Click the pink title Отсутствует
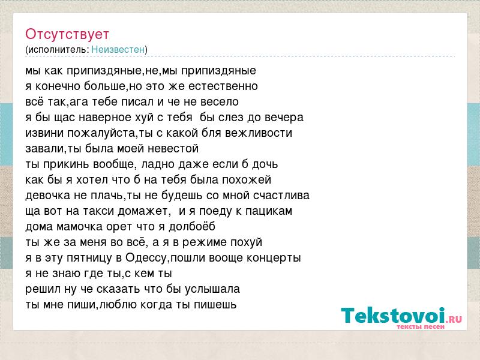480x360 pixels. [67, 34]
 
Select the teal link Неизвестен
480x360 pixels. [118, 49]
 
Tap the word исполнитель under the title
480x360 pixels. [58, 50]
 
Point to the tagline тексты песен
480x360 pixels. [421, 326]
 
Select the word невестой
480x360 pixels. [173, 149]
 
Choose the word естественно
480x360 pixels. [223, 86]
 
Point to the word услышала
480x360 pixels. [212, 289]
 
